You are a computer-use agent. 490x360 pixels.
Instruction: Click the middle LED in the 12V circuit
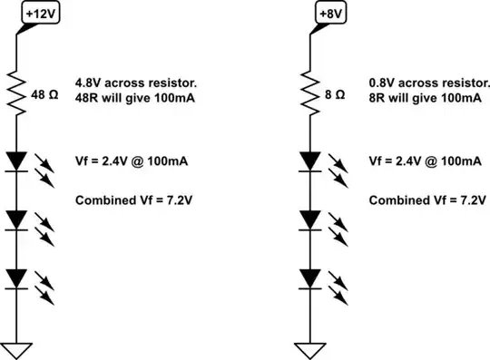click(x=18, y=219)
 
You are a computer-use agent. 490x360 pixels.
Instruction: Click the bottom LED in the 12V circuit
click(x=18, y=277)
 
